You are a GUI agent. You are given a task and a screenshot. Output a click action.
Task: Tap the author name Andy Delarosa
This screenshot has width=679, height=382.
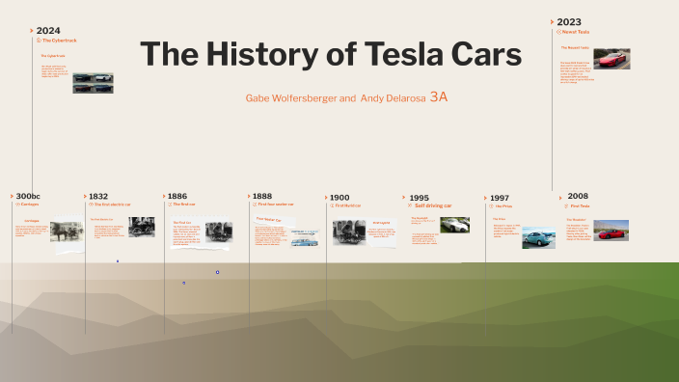pyautogui.click(x=393, y=98)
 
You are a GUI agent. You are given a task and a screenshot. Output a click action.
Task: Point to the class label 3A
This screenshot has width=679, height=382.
pyautogui.click(x=439, y=97)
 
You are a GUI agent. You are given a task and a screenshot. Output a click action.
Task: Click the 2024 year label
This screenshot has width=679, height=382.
pyautogui.click(x=48, y=30)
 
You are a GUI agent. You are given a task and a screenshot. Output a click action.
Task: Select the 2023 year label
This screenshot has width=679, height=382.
pyautogui.click(x=569, y=21)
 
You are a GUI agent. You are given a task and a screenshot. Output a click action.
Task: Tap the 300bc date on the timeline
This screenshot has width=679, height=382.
pyautogui.click(x=28, y=196)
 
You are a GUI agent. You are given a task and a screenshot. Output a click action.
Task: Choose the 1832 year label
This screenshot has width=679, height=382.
pyautogui.click(x=98, y=196)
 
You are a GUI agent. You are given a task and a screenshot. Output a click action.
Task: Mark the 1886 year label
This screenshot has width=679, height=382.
pyautogui.click(x=177, y=196)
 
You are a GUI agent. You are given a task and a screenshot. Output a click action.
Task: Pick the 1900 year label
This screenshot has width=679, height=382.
pyautogui.click(x=339, y=197)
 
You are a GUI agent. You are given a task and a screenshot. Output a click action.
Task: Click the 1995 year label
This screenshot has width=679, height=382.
pyautogui.click(x=420, y=197)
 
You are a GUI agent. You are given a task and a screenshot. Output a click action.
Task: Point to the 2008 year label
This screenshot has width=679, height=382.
pyautogui.click(x=578, y=196)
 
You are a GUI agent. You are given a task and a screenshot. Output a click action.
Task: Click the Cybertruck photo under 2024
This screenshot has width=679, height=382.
pyautogui.click(x=93, y=83)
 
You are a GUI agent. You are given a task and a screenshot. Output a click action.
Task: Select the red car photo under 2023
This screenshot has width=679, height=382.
pyautogui.click(x=611, y=59)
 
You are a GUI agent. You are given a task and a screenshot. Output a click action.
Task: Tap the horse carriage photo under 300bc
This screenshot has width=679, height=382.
pyautogui.click(x=68, y=232)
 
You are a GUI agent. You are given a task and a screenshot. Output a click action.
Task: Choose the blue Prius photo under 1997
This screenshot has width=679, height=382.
pyautogui.click(x=538, y=237)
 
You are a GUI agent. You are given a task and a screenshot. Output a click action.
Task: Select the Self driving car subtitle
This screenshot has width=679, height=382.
pyautogui.click(x=432, y=205)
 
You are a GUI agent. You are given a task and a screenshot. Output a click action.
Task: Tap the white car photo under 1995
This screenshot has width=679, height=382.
pyautogui.click(x=454, y=225)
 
